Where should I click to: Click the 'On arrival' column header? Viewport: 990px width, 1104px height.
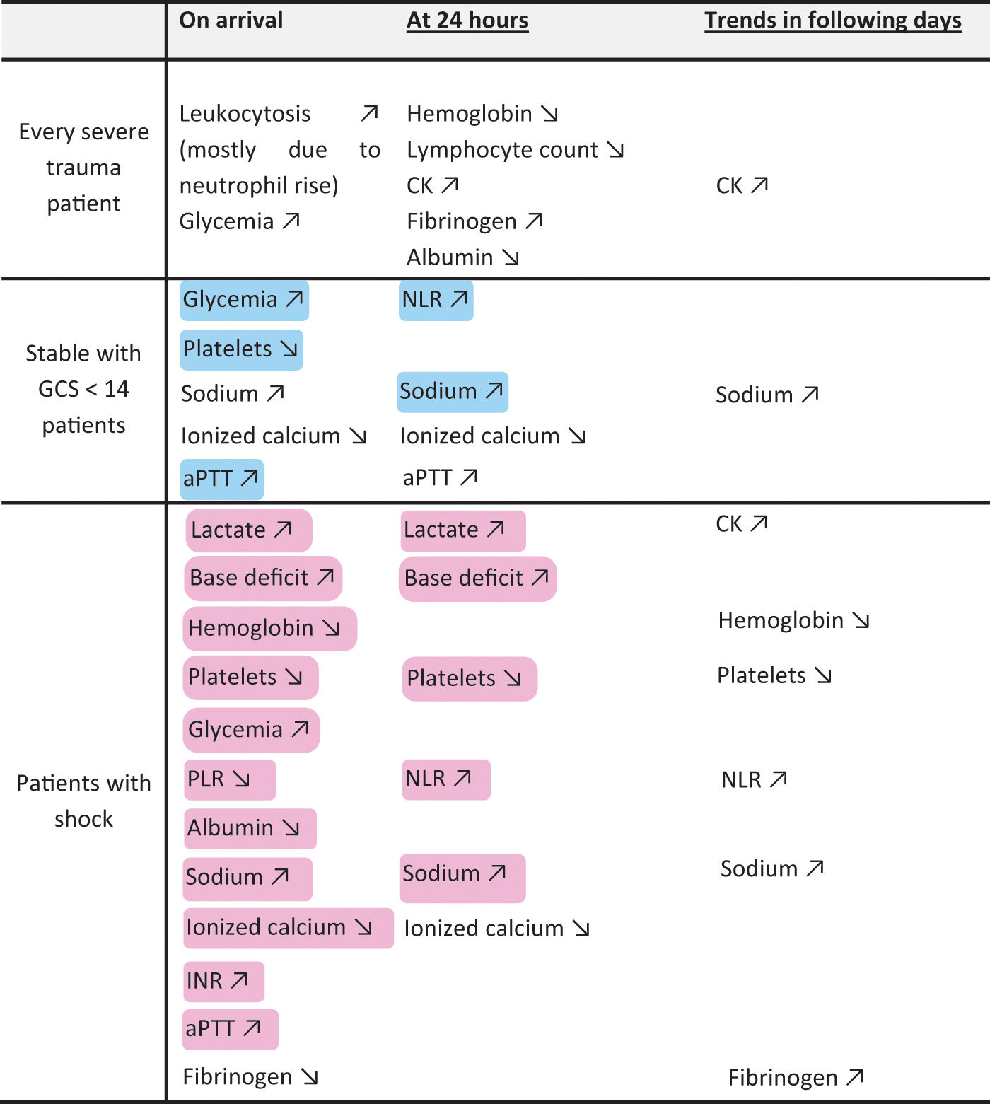[x=231, y=20]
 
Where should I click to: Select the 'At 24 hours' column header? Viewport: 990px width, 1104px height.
[x=467, y=20]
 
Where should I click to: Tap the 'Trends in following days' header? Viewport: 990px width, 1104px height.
[x=833, y=21]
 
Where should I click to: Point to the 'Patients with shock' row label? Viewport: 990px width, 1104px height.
[x=83, y=801]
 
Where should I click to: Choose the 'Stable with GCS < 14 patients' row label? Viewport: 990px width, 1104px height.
[x=83, y=389]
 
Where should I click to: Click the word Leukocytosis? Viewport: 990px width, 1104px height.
[x=245, y=113]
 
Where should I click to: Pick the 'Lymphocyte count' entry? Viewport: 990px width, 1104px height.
[x=503, y=149]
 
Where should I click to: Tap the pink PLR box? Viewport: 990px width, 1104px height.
[x=230, y=779]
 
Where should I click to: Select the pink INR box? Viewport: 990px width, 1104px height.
[x=224, y=981]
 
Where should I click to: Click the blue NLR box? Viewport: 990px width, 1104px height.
[x=436, y=301]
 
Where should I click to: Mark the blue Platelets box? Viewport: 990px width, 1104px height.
[x=242, y=350]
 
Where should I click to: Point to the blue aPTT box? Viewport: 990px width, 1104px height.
[x=222, y=480]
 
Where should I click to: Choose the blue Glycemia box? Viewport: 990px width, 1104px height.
[x=245, y=301]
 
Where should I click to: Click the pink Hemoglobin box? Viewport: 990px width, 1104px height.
[x=270, y=628]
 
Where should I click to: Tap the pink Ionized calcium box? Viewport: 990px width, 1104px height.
[x=289, y=928]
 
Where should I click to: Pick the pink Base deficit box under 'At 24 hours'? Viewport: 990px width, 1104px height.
[x=478, y=579]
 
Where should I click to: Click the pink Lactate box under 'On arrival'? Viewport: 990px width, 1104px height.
[x=249, y=530]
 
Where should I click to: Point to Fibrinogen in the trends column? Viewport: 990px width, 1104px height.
[x=796, y=1077]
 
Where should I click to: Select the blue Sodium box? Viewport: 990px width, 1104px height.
[x=453, y=392]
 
